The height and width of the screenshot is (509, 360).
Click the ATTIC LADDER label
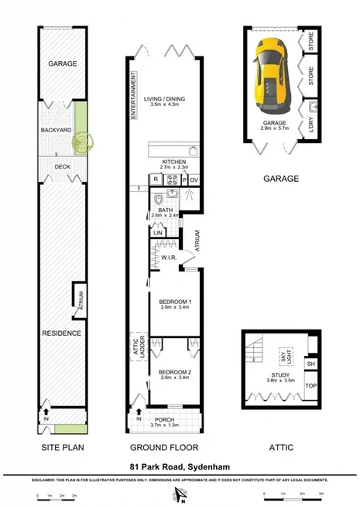point(140,344)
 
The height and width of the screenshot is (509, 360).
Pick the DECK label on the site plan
point(62,166)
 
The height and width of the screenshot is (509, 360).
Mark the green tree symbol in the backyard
point(81,141)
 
